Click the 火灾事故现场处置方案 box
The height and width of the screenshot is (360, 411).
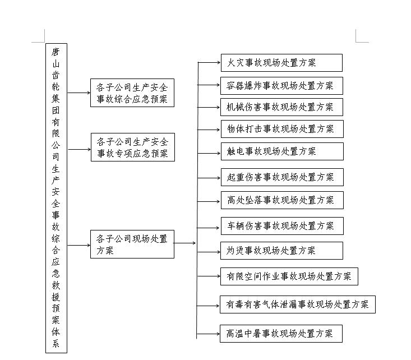pos(281,63)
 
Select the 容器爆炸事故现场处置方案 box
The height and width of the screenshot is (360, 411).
pos(281,86)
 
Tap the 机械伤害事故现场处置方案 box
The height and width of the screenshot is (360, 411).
pos(281,107)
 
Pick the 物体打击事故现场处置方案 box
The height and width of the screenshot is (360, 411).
pos(281,128)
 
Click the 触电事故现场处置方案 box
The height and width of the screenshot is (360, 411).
pos(281,151)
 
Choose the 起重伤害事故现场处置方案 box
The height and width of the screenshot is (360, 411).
pos(281,177)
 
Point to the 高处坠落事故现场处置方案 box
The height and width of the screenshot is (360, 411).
pos(281,200)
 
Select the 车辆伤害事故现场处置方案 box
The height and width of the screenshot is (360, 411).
pos(281,225)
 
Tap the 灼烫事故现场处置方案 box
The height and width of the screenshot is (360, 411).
pos(281,250)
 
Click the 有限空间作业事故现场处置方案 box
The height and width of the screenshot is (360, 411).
pos(289,276)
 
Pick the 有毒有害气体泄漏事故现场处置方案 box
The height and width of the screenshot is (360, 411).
pos(297,304)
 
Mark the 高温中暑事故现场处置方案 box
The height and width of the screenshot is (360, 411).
pos(281,333)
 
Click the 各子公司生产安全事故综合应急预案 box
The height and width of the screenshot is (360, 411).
pos(132,93)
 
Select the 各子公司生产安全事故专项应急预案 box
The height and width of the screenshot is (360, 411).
pos(132,147)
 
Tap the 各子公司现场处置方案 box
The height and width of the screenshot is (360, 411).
pos(132,244)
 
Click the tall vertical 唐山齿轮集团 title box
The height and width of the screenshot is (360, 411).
pos(56,198)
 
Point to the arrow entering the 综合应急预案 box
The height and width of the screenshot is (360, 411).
pos(79,93)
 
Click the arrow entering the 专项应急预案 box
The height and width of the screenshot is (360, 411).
pos(79,149)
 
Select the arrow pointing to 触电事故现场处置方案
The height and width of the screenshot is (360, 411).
pos(209,152)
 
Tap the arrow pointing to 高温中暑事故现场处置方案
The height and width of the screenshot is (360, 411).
pos(209,334)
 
